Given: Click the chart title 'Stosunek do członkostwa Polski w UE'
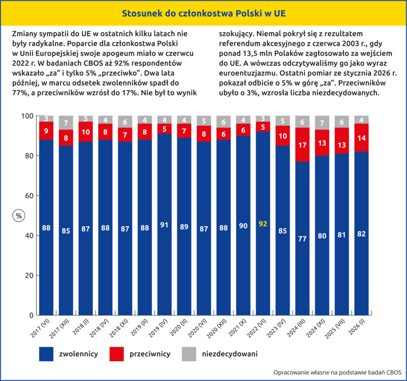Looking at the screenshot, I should click(x=203, y=14).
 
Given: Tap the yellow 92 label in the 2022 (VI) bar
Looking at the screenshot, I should click(x=263, y=224).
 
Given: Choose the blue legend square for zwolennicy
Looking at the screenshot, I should click(x=46, y=354).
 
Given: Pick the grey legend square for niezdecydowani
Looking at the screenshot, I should click(x=189, y=354).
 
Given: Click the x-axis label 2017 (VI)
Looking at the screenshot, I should click(x=42, y=330).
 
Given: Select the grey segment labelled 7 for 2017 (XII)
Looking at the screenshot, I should click(x=66, y=122).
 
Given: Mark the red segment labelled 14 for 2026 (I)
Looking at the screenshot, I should click(x=361, y=138).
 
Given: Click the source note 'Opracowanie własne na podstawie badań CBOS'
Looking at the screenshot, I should click(x=337, y=373).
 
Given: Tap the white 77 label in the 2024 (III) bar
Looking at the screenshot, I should click(x=302, y=239).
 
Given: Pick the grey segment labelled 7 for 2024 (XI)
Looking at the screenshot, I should click(x=322, y=122).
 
